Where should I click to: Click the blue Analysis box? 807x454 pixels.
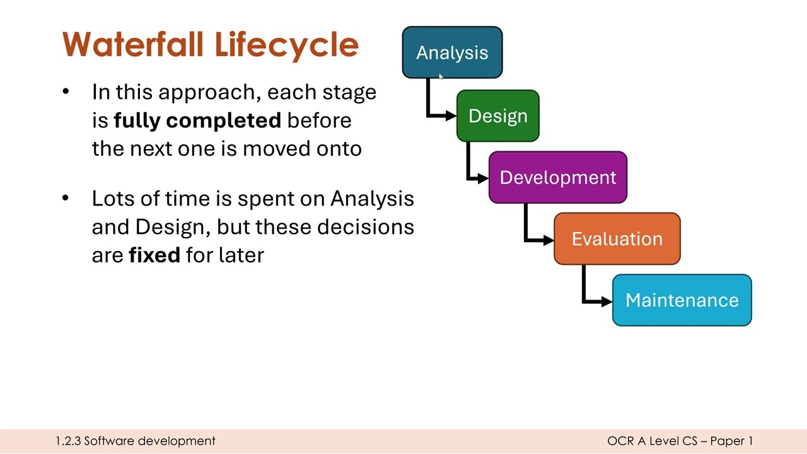pyautogui.click(x=452, y=52)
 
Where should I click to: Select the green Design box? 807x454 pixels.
pyautogui.click(x=497, y=116)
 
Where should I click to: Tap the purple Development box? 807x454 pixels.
pyautogui.click(x=557, y=177)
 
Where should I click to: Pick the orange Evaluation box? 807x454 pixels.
pyautogui.click(x=617, y=239)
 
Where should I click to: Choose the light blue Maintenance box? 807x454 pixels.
pyautogui.click(x=682, y=300)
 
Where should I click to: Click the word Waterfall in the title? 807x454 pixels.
pyautogui.click(x=134, y=45)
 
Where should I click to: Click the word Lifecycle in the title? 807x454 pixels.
pyautogui.click(x=286, y=45)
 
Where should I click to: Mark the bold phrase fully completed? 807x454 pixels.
pyautogui.click(x=197, y=120)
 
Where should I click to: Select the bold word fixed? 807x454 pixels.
pyautogui.click(x=154, y=255)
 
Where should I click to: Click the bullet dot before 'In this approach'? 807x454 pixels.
pyautogui.click(x=66, y=92)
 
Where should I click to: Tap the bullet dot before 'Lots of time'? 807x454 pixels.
pyautogui.click(x=66, y=199)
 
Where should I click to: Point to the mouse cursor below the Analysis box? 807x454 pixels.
pyautogui.click(x=441, y=77)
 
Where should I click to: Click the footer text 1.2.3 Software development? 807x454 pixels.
pyautogui.click(x=136, y=441)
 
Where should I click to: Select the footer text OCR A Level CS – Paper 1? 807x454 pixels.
pyautogui.click(x=680, y=441)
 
